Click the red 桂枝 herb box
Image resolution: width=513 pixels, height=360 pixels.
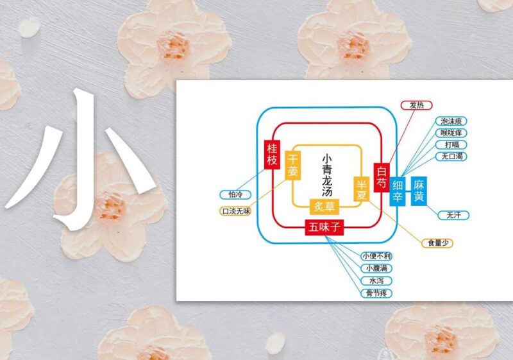pyautogui.click(x=272, y=155)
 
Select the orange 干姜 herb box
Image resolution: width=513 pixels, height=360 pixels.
pyautogui.click(x=293, y=166)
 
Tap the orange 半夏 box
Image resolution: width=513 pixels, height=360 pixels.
pyautogui.click(x=362, y=189)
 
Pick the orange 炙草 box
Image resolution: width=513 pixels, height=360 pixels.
pyautogui.click(x=324, y=207)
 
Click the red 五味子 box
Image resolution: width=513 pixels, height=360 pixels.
pyautogui.click(x=324, y=227)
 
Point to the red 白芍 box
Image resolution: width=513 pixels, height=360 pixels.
pyautogui.click(x=382, y=177)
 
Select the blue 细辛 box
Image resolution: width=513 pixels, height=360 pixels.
pyautogui.click(x=398, y=191)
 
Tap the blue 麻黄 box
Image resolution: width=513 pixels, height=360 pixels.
pyautogui.click(x=419, y=191)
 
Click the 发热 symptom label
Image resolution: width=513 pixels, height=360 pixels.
pyautogui.click(x=416, y=105)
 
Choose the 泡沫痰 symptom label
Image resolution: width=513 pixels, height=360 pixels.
pyautogui.click(x=451, y=121)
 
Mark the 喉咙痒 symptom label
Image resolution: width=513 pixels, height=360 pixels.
pyautogui.click(x=451, y=133)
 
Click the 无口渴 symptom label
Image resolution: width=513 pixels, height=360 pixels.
pyautogui.click(x=451, y=156)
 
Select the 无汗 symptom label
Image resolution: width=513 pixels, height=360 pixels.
pyautogui.click(x=453, y=215)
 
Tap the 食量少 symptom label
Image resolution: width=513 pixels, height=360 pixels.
pyautogui.click(x=437, y=243)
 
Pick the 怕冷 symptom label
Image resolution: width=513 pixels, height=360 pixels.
pyautogui.click(x=235, y=194)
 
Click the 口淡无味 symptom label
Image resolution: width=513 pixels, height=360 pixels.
pyautogui.click(x=235, y=211)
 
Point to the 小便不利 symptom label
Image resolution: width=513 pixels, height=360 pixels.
pyautogui.click(x=376, y=256)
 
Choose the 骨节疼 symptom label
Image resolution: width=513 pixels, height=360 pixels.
pyautogui.click(x=376, y=293)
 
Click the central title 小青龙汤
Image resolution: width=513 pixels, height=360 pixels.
pyautogui.click(x=327, y=175)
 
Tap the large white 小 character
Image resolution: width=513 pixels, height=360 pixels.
pyautogui.click(x=81, y=160)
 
